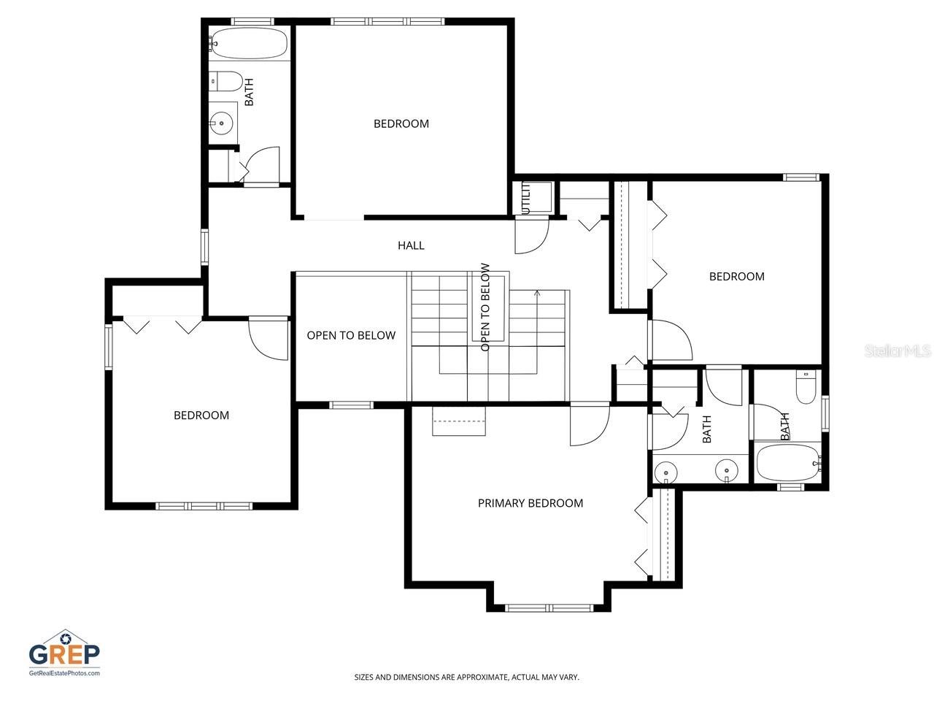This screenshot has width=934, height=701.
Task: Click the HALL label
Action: pos(411,245)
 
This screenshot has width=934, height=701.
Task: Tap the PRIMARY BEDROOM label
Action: pos(530,503)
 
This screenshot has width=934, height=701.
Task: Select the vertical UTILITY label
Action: pos(525,198)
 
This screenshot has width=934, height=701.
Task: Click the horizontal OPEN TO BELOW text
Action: pos(351,336)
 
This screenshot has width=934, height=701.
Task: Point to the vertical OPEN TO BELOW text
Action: pos(485,307)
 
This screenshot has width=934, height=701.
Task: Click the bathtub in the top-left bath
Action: pos(248,44)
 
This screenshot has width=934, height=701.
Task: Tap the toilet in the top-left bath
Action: pos(226,82)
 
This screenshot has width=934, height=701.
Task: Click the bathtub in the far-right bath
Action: pos(788,462)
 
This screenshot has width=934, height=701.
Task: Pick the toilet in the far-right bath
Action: pos(806,388)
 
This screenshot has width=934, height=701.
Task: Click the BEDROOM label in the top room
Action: pos(401,124)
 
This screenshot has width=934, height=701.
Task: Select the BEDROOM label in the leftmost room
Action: pos(201,415)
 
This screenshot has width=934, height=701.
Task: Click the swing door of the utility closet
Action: pos(531,235)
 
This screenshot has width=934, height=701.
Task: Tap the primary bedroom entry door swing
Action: pos(588,424)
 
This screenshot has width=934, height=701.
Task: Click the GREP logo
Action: pos(64,652)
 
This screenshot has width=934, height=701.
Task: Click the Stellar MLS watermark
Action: pos(898,351)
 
